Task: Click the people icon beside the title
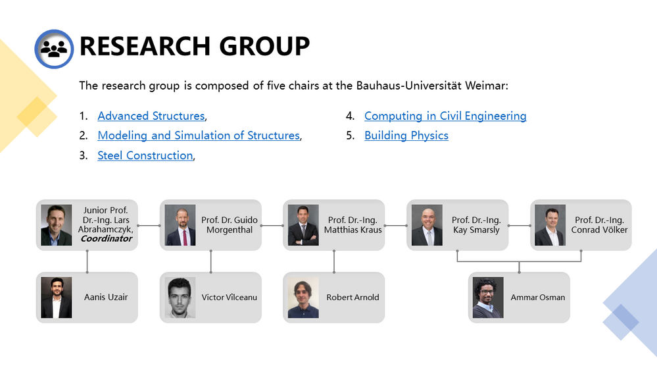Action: pyautogui.click(x=54, y=49)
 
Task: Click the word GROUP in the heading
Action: pyautogui.click(x=264, y=46)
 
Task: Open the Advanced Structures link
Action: pyautogui.click(x=151, y=116)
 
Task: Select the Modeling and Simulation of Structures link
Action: pyautogui.click(x=199, y=136)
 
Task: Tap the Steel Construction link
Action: pyautogui.click(x=145, y=155)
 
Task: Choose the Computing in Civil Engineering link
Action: pyautogui.click(x=445, y=116)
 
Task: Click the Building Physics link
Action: pyautogui.click(x=406, y=136)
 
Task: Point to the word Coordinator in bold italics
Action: pyautogui.click(x=107, y=239)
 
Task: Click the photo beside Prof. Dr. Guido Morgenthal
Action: pyautogui.click(x=180, y=225)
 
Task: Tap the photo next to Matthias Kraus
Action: pyautogui.click(x=303, y=225)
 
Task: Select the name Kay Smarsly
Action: pyautogui.click(x=476, y=230)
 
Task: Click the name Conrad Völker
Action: pyautogui.click(x=599, y=230)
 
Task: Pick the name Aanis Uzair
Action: pyautogui.click(x=106, y=297)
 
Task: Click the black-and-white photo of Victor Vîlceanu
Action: pyautogui.click(x=180, y=298)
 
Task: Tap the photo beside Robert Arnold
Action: pyautogui.click(x=303, y=298)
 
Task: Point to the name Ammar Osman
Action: pyautogui.click(x=537, y=298)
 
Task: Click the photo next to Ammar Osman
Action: pyautogui.click(x=488, y=298)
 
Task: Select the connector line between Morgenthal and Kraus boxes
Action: pyautogui.click(x=272, y=225)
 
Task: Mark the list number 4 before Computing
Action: pyautogui.click(x=350, y=116)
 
